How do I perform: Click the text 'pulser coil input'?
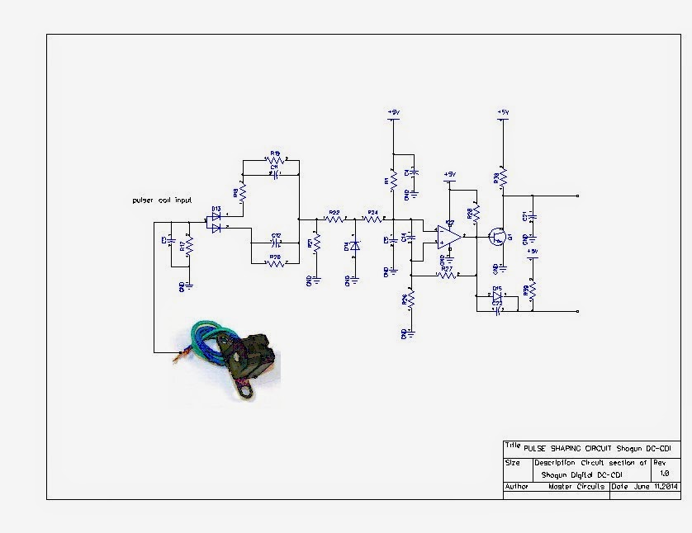coord(163,200)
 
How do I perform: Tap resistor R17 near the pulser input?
coord(189,246)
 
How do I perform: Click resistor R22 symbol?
coord(334,219)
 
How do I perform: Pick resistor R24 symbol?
coord(372,219)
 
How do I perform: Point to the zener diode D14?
coord(355,246)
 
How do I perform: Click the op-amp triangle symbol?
coord(448,237)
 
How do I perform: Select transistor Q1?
coord(497,237)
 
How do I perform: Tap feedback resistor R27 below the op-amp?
coord(447,275)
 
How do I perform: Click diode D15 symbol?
coord(497,295)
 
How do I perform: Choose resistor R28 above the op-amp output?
coord(476,214)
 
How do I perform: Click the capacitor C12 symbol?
coord(276,243)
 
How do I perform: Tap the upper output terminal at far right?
coord(577,196)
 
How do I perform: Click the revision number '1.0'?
coord(665,473)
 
